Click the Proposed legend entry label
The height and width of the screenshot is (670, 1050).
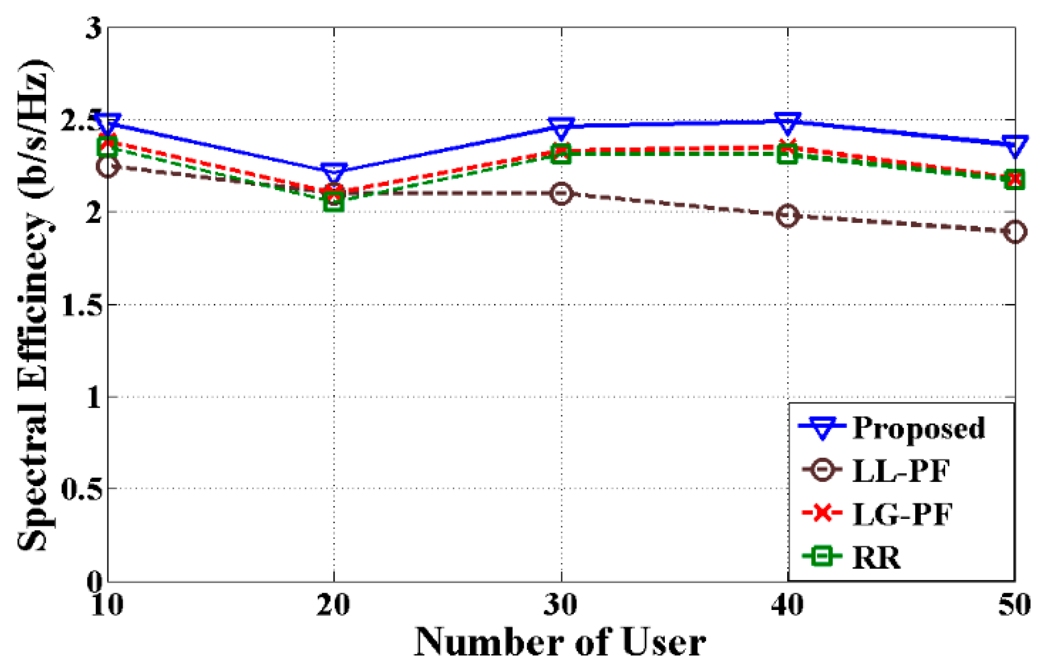coord(919,428)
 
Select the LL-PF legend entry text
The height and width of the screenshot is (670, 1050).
coord(901,471)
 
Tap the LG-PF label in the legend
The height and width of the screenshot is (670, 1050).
coord(902,514)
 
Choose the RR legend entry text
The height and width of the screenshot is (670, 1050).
coord(877,557)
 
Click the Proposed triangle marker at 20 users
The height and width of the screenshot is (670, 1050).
coord(334,172)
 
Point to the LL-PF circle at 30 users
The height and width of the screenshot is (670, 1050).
coord(561,194)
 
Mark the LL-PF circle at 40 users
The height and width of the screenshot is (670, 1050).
coord(788,215)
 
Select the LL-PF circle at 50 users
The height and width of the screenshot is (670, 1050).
coord(1015,232)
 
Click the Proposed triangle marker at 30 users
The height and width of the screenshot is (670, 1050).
coord(561,127)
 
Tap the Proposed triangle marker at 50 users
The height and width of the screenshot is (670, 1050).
coord(1015,145)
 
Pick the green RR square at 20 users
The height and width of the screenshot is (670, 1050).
coord(334,201)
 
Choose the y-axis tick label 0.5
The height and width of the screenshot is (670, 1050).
coord(82,489)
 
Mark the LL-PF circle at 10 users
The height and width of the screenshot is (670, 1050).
coord(107,167)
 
